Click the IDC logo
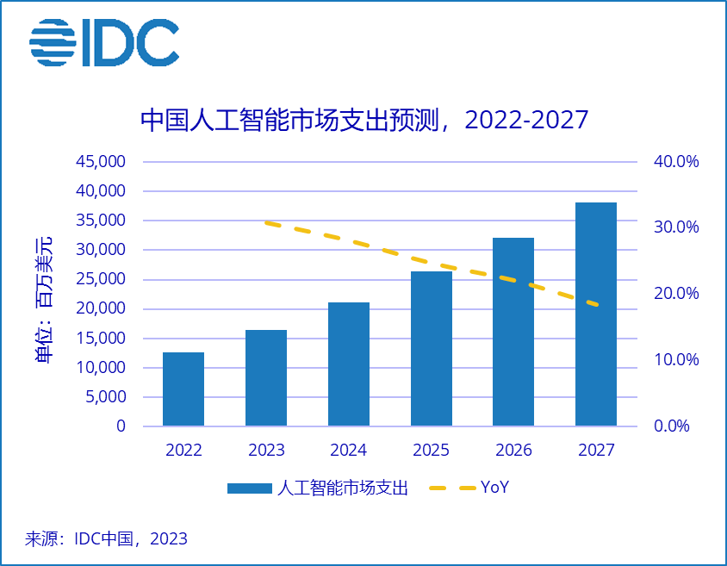point(103,42)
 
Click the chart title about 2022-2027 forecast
point(363,119)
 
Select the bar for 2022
point(183,389)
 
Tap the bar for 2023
point(266,378)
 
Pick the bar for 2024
point(349,364)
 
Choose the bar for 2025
point(431,349)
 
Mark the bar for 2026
point(513,332)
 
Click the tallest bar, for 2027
point(596,314)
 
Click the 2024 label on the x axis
point(349,451)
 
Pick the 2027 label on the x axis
point(596,451)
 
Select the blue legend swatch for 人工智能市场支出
point(250,488)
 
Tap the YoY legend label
point(494,488)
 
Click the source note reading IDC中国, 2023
point(106,540)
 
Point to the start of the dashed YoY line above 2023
point(267,223)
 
